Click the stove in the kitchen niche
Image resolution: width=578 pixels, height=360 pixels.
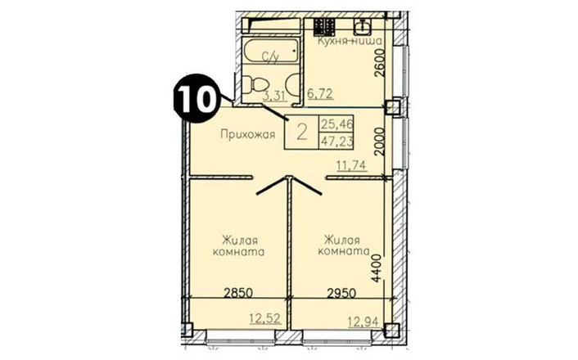324,26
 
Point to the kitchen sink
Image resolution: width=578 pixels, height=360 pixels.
364,26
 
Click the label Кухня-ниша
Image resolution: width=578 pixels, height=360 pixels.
350,41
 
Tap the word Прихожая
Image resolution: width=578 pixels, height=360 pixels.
248,134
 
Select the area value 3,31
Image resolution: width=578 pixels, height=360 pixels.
274,96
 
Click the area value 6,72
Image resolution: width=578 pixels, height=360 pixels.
320,93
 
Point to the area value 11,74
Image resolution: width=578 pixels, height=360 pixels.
351,165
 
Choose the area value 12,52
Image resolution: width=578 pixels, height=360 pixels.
265,318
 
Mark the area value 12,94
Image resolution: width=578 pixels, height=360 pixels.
364,322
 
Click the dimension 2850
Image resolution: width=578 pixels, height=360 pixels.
238,293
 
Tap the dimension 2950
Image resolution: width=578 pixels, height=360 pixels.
341,293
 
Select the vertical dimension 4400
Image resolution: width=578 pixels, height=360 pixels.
376,268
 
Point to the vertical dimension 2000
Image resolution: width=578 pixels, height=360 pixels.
379,141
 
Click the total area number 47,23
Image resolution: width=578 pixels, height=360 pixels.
336,141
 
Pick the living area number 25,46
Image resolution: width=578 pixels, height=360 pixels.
336,124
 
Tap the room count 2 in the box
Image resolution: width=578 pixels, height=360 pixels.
302,132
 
